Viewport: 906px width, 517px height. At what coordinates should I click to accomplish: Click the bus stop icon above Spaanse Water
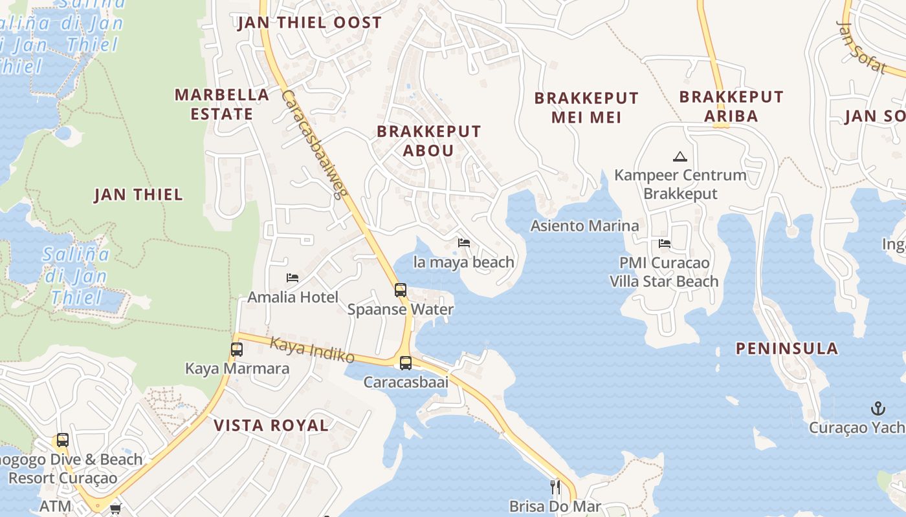tap(401, 290)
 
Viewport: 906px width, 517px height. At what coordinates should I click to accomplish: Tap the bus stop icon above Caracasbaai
tap(406, 363)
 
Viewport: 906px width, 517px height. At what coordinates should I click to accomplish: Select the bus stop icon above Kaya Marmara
tap(237, 350)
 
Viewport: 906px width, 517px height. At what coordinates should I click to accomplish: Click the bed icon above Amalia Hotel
tap(293, 278)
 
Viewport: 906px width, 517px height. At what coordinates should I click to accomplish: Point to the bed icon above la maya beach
tap(464, 243)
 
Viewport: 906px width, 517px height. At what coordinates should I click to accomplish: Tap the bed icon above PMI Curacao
tap(665, 244)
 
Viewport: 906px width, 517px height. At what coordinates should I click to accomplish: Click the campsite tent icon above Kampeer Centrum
tap(679, 156)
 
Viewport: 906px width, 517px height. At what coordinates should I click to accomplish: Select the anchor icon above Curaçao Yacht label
tap(878, 408)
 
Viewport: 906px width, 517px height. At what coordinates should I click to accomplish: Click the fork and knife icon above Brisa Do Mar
tap(555, 487)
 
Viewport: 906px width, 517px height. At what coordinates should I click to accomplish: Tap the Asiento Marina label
tap(584, 226)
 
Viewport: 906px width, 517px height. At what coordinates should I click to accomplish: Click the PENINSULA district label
tap(787, 348)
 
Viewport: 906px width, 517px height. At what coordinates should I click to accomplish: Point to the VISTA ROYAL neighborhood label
tap(271, 425)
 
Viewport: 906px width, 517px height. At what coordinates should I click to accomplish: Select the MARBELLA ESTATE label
tap(222, 104)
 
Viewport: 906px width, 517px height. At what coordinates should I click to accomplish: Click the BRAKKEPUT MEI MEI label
tap(586, 107)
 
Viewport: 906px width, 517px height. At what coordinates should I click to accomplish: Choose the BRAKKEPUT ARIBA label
tap(731, 106)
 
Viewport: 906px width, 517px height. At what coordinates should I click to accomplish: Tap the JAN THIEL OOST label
tap(309, 23)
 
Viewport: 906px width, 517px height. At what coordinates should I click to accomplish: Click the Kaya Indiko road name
tap(312, 350)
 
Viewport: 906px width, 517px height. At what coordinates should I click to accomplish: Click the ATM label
tap(56, 506)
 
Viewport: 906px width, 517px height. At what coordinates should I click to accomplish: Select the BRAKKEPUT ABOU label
tap(428, 141)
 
